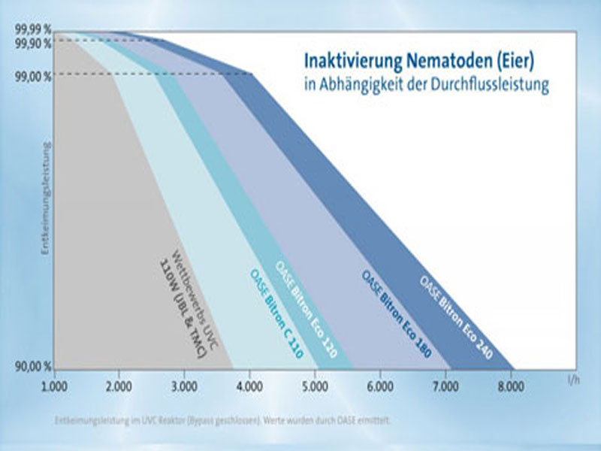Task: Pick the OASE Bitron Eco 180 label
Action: [x=396, y=313]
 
